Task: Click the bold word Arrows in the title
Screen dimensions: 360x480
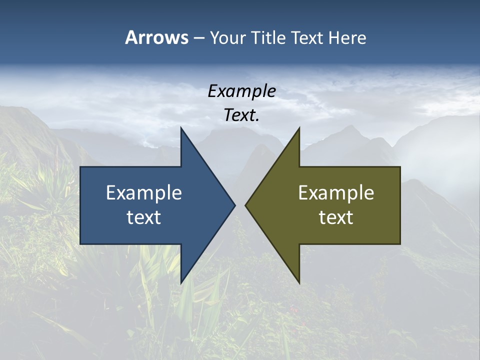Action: [156, 37]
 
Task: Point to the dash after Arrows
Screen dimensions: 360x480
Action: [198, 38]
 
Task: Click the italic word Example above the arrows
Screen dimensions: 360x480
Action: [242, 91]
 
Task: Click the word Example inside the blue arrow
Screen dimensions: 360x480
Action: [144, 192]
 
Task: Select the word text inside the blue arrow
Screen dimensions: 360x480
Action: [144, 217]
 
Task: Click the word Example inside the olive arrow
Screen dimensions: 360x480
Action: [336, 192]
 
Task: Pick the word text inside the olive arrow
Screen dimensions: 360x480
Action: [336, 217]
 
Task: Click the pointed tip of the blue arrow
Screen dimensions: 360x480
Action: [235, 205]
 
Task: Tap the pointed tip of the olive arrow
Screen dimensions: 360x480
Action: [245, 205]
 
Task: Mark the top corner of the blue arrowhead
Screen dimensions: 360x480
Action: [181, 127]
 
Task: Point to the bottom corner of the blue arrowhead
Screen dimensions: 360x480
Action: [181, 283]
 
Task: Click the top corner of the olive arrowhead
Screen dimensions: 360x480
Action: [299, 127]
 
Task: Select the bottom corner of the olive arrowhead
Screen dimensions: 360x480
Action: [299, 283]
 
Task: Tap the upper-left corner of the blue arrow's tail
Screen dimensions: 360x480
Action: [80, 167]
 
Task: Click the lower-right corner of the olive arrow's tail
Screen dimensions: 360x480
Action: [400, 244]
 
